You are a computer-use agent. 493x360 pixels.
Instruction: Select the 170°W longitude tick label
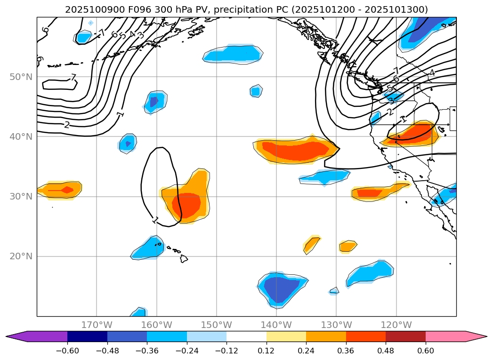97,325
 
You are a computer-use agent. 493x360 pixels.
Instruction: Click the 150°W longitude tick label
217,325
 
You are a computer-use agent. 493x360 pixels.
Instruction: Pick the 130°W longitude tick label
336,325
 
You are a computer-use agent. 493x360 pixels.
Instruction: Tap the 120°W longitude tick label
396,325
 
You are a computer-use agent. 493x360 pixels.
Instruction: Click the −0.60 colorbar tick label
67,350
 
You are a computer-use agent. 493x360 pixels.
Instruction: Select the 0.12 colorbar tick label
267,350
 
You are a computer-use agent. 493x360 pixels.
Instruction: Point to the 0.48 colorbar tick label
386,350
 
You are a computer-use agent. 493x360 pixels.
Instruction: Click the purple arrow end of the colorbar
14,336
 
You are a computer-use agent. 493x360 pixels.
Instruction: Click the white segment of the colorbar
246,336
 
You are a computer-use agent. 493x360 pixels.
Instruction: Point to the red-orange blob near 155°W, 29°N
186,205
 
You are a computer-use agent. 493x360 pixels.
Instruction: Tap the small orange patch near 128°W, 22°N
348,246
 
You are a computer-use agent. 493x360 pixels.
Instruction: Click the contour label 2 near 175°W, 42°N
67,125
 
